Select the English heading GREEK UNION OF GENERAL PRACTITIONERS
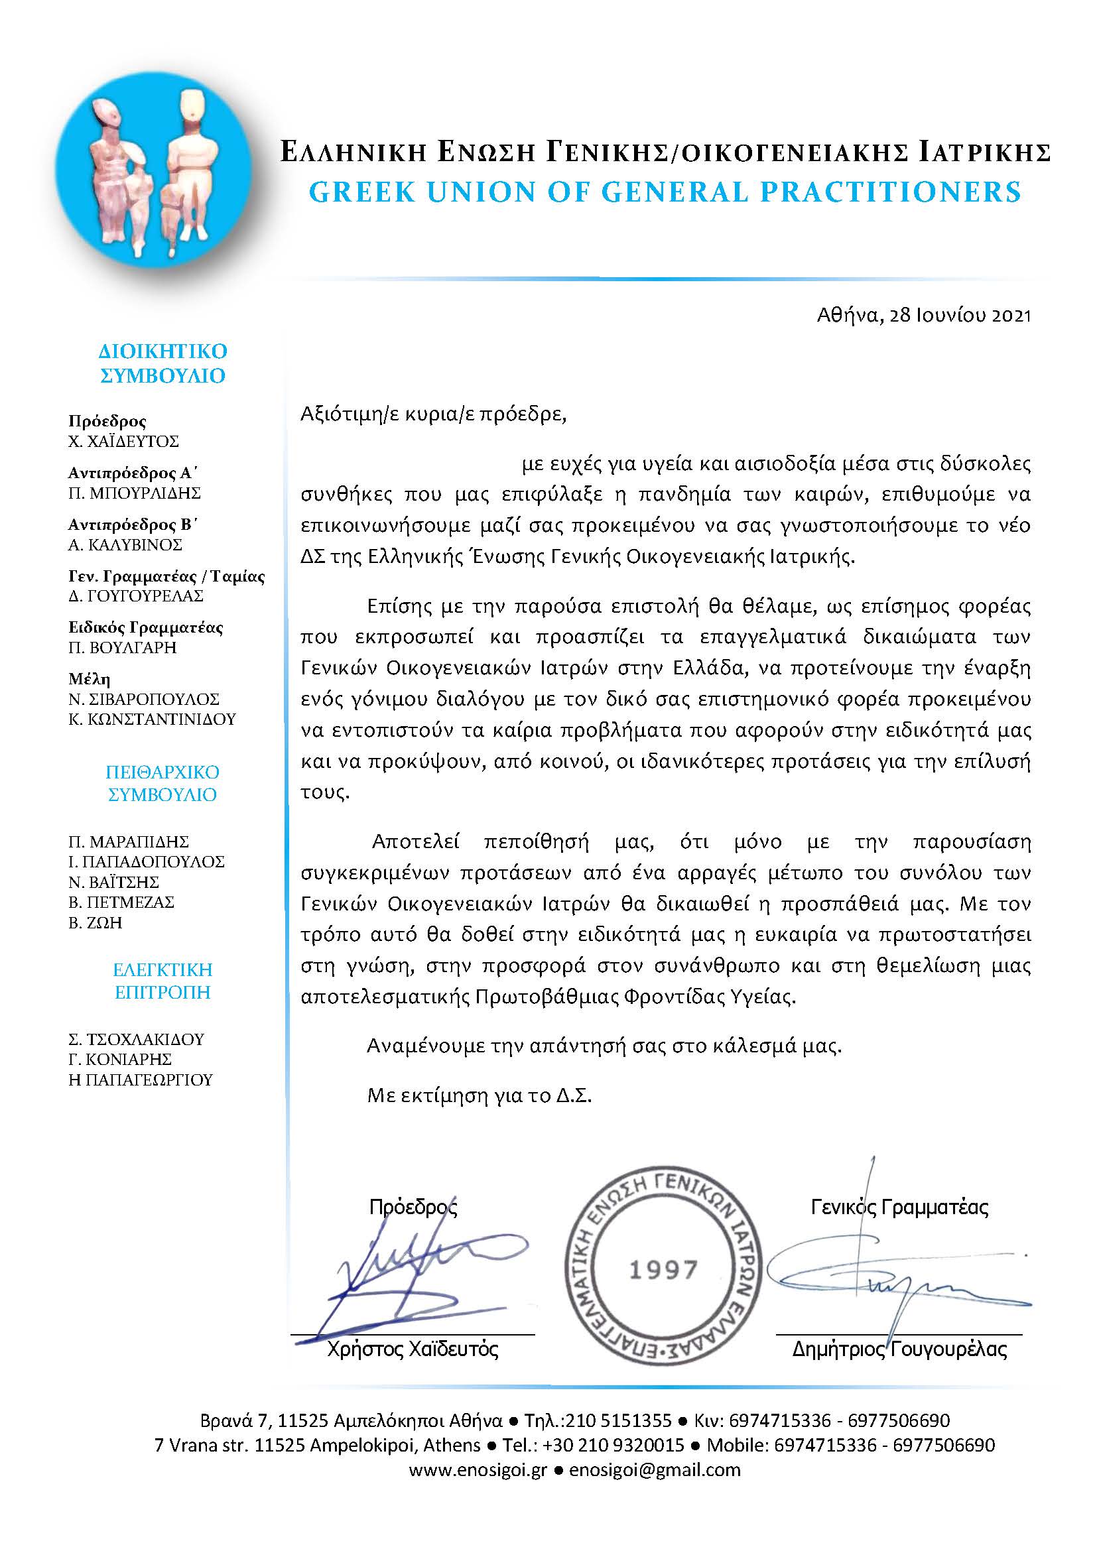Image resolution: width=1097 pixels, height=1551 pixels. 665,192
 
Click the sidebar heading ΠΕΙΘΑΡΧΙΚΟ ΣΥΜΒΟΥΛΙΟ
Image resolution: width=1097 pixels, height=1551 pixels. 162,783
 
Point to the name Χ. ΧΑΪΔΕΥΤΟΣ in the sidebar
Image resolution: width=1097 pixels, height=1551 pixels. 123,442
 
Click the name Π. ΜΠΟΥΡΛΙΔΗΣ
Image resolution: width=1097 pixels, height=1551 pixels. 135,493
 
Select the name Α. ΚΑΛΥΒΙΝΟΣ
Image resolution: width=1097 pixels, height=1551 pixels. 125,544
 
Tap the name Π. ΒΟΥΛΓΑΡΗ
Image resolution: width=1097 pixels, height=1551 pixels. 122,647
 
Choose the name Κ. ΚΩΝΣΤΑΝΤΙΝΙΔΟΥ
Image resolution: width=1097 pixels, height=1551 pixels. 152,719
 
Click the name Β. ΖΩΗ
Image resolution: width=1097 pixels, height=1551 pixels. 96,923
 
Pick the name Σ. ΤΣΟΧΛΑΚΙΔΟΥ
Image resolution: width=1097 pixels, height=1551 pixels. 136,1039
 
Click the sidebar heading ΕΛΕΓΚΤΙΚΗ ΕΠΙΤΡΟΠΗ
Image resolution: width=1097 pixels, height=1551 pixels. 162,981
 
